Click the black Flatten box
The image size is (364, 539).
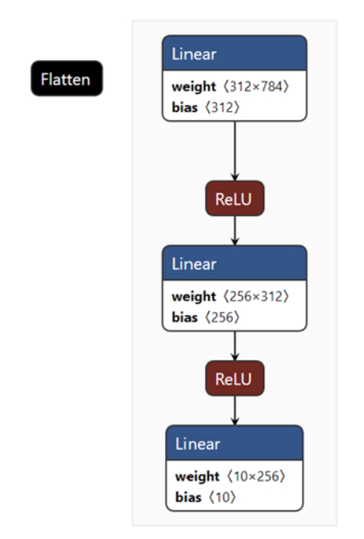tap(67, 78)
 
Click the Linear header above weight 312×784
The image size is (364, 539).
tap(235, 53)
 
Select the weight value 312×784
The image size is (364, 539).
tap(256, 86)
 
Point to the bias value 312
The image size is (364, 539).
tap(222, 107)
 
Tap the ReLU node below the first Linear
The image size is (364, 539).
tap(235, 198)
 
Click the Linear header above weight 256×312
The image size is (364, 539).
tap(235, 263)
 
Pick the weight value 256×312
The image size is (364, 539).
tap(256, 296)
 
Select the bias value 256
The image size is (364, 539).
tap(222, 318)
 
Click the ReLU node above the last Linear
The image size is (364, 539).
tap(235, 378)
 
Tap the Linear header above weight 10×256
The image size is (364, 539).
tap(235, 443)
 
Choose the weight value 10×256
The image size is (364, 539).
tap(256, 477)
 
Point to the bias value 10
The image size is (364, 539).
tap(222, 497)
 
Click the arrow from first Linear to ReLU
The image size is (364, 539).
tap(235, 151)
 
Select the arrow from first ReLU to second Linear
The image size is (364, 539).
tap(235, 231)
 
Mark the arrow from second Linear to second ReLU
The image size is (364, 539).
tap(235, 346)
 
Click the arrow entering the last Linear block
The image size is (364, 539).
tap(235, 411)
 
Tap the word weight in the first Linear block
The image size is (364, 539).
tap(194, 87)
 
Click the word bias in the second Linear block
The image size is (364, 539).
tap(184, 318)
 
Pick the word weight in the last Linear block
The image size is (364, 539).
tap(197, 477)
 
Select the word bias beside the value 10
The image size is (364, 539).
tap(188, 497)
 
